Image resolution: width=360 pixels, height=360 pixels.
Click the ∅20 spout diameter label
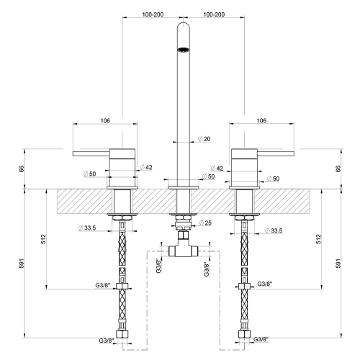(x=204, y=139)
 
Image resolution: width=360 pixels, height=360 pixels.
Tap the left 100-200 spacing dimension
(x=153, y=14)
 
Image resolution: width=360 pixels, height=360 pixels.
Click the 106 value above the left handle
(x=105, y=122)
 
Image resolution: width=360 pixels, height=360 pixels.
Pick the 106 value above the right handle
(x=261, y=122)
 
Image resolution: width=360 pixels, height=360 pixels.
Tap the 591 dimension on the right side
(x=338, y=264)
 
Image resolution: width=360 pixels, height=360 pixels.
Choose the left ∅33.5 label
(x=89, y=230)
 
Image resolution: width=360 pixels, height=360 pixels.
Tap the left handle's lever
(x=90, y=153)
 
